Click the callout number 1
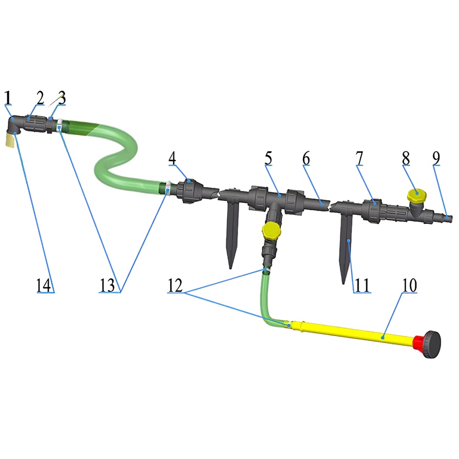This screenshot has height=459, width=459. click(8, 98)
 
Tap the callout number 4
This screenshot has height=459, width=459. click(172, 158)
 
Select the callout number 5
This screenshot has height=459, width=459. click(268, 158)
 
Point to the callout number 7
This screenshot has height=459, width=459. click(359, 158)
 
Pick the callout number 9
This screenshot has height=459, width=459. click(436, 158)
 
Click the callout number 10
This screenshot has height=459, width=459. click(409, 285)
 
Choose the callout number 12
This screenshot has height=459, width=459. click(175, 285)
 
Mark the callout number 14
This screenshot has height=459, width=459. click(43, 285)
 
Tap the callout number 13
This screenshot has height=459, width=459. click(107, 285)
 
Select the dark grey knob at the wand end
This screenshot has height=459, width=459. click(433, 344)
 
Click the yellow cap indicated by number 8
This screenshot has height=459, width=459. click(417, 196)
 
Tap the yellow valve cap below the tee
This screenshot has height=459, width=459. click(272, 230)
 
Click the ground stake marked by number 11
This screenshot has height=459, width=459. click(346, 246)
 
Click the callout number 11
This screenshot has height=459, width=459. click(362, 285)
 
